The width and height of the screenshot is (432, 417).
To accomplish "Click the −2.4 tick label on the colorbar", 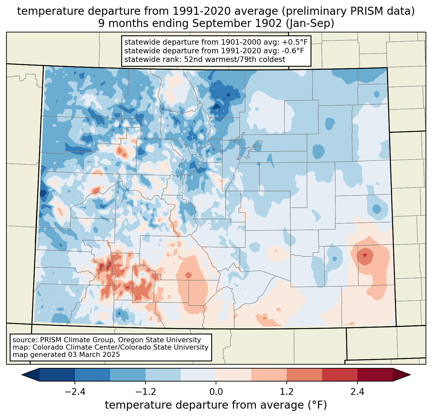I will [x=75, y=392].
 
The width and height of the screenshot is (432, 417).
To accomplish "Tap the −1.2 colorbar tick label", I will [x=146, y=392].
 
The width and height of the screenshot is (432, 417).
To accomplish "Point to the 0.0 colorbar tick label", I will [x=216, y=392].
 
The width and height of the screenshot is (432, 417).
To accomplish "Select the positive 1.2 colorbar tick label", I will [x=287, y=392].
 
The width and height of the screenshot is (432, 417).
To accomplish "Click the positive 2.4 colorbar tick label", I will [x=357, y=392].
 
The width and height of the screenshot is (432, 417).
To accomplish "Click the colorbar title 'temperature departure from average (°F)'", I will [x=216, y=405].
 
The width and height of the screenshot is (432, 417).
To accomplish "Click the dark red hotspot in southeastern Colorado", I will [x=364, y=255].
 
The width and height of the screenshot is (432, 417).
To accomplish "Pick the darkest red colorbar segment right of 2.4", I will [x=375, y=375].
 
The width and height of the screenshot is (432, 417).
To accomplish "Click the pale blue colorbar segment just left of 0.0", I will [x=198, y=375].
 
